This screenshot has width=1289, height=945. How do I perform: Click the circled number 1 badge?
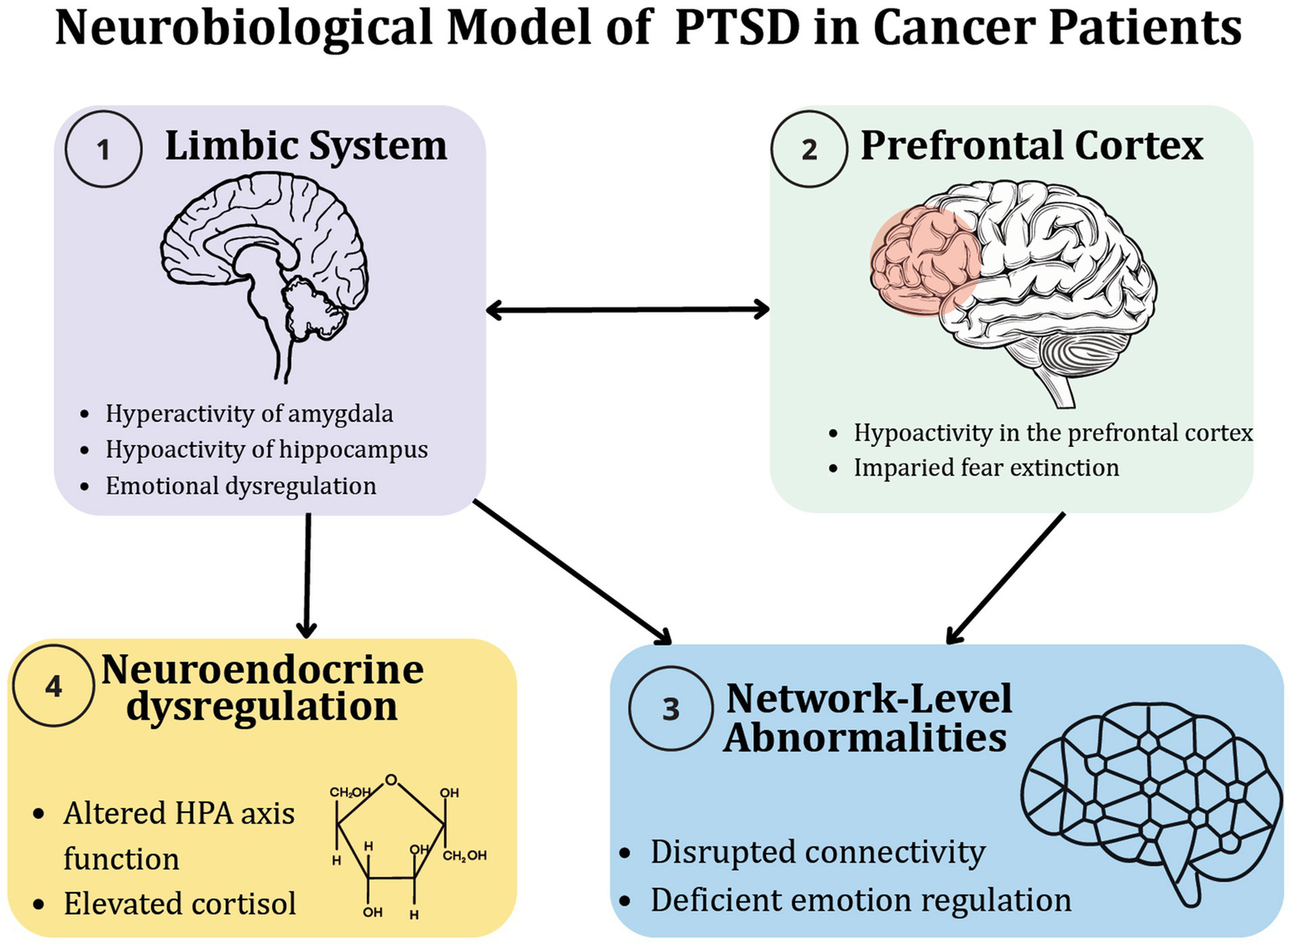point(103,150)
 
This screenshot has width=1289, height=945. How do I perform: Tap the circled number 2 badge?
point(809,150)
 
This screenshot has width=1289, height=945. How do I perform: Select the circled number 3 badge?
point(670,709)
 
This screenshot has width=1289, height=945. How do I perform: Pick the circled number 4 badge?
point(53,686)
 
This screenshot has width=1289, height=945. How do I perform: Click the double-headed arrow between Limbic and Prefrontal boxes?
point(628,310)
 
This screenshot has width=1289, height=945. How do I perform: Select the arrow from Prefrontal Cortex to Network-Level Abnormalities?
point(1006,578)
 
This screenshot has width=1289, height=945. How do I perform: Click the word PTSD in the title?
point(737,28)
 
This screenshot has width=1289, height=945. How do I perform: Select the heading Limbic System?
point(306,145)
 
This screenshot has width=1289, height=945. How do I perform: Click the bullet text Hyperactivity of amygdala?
point(249,413)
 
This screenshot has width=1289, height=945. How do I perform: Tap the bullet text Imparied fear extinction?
point(986,468)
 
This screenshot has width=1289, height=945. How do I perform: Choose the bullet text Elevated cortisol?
point(180,904)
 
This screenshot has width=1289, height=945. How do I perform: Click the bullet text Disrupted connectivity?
point(817,852)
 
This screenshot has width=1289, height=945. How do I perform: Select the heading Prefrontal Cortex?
point(1031,145)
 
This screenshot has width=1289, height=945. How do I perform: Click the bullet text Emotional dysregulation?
point(240,486)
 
